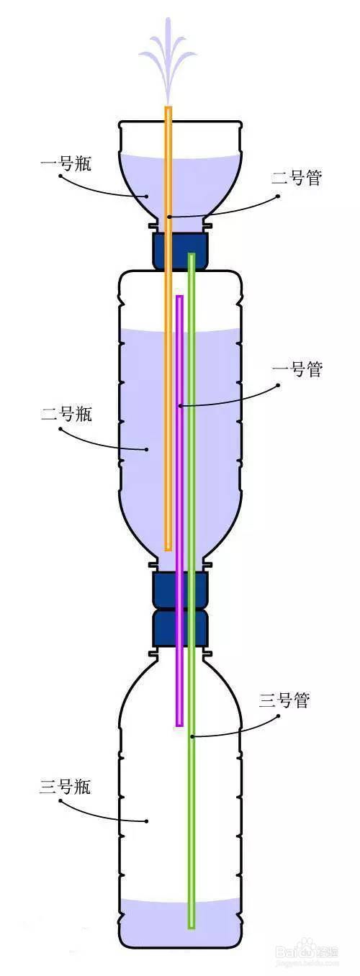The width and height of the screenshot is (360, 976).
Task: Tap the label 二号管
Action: pyautogui.click(x=296, y=178)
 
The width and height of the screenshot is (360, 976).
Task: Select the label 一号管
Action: pyautogui.click(x=297, y=369)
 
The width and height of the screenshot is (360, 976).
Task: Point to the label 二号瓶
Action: pyautogui.click(x=66, y=413)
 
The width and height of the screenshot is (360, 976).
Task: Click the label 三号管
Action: pyautogui.click(x=284, y=700)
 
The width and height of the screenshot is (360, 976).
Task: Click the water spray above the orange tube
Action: pyautogui.click(x=168, y=61)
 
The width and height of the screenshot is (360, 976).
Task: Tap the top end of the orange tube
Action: pyautogui.click(x=168, y=107)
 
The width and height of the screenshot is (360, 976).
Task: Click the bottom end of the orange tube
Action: pyautogui.click(x=168, y=549)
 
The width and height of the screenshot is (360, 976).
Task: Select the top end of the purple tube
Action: pyautogui.click(x=179, y=297)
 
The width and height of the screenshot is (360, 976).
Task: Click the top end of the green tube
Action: pyautogui.click(x=192, y=255)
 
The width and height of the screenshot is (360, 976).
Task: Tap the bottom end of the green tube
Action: pyautogui.click(x=192, y=926)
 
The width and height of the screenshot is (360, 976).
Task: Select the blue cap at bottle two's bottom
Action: pyautogui.click(x=179, y=590)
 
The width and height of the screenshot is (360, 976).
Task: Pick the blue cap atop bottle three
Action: pyautogui.click(x=179, y=628)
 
